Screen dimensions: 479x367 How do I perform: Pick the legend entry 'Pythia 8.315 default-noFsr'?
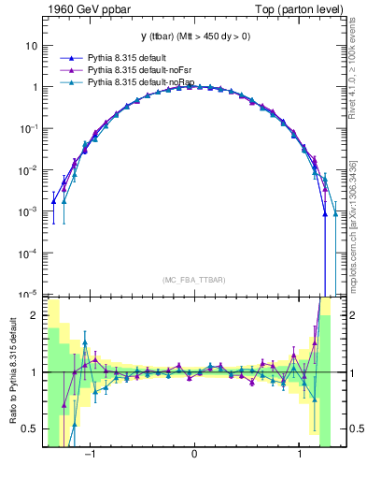pyautogui.click(x=140, y=70)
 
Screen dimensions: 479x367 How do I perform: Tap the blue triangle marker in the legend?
pyautogui.click(x=64, y=57)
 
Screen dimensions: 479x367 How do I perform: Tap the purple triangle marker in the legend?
pyautogui.click(x=64, y=70)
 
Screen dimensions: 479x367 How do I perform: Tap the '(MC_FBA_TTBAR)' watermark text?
pyautogui.click(x=193, y=280)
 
